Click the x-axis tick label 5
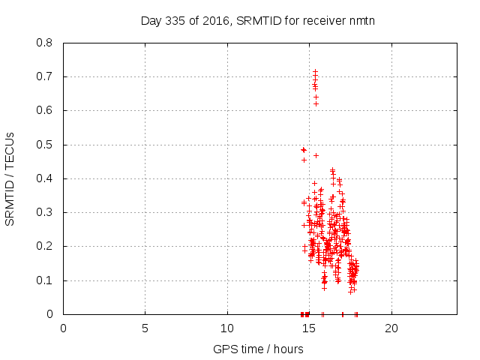[145, 328]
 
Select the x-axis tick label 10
[227, 328]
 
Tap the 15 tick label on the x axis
[309, 328]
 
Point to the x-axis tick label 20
[391, 328]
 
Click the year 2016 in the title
[215, 20]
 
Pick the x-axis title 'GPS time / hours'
[258, 349]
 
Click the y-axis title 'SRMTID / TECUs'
[10, 178]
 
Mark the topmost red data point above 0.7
[315, 71]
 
